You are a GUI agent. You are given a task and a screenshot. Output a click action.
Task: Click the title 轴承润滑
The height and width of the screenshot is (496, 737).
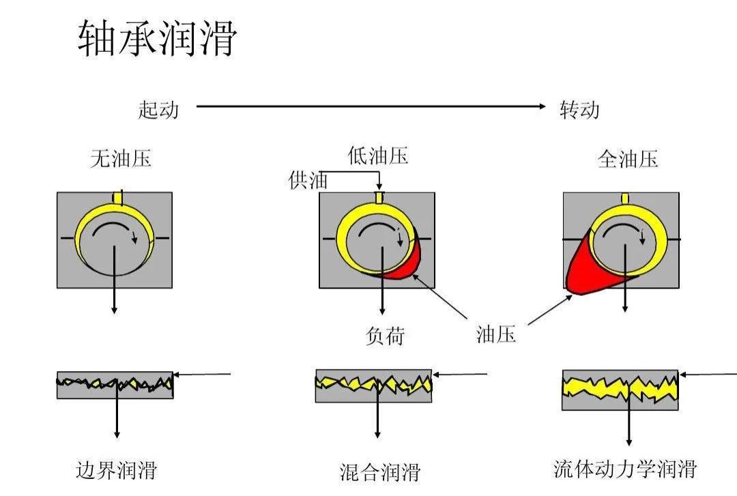157,38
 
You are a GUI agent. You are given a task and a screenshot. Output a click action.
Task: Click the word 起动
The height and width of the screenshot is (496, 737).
158,109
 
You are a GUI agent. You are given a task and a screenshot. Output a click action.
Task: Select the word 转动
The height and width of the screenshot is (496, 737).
579,110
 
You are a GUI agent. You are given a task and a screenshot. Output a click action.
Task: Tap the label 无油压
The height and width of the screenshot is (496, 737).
121,159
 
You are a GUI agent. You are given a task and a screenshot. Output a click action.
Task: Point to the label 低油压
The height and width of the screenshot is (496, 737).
378,156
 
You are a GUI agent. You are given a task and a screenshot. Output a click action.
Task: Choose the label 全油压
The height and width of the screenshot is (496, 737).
628,160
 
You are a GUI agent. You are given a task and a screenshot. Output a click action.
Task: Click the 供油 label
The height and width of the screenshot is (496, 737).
308,181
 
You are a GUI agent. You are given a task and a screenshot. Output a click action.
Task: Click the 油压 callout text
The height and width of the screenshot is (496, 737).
496,334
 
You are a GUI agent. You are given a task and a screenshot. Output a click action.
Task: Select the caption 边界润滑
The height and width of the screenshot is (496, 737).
116,470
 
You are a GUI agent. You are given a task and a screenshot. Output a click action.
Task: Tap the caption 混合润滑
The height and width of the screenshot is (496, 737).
380,472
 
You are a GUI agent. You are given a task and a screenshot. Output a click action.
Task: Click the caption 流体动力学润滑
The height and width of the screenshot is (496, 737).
624,469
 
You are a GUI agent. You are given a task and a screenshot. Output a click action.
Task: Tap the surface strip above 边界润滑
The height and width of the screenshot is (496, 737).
115,384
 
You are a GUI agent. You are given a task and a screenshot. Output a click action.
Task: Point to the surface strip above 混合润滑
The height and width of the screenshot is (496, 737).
373,385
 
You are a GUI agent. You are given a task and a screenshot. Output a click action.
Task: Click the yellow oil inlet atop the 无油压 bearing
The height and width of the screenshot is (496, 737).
117,198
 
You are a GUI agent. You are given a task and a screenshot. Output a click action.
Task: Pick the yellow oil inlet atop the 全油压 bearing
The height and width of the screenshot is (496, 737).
624,199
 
